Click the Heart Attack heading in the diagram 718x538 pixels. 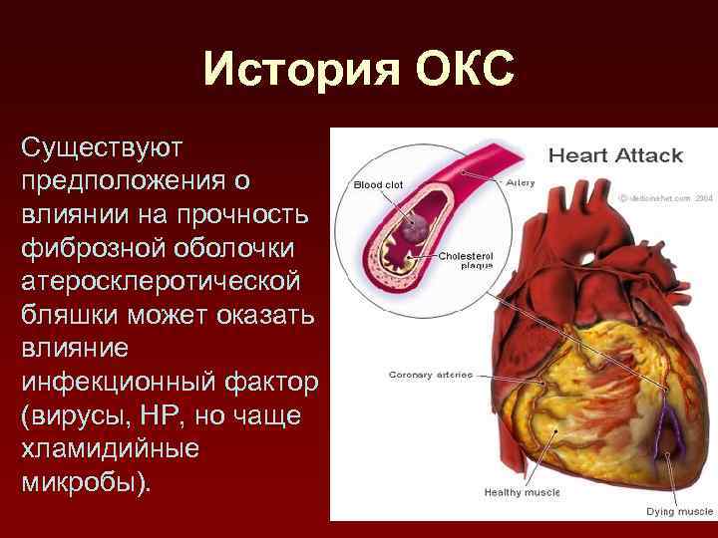tap(615, 155)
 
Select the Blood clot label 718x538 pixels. tap(378, 184)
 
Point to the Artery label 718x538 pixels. tap(521, 182)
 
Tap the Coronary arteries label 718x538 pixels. tap(430, 376)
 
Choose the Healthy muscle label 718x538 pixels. tap(521, 492)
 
